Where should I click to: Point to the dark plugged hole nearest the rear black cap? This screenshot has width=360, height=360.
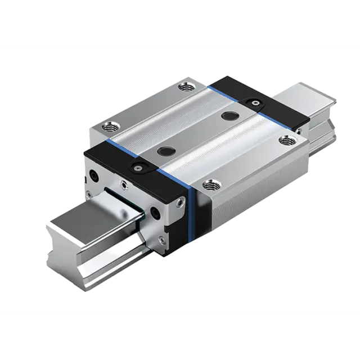tap(229, 115)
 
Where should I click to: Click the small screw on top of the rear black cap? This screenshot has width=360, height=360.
tap(256, 103)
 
